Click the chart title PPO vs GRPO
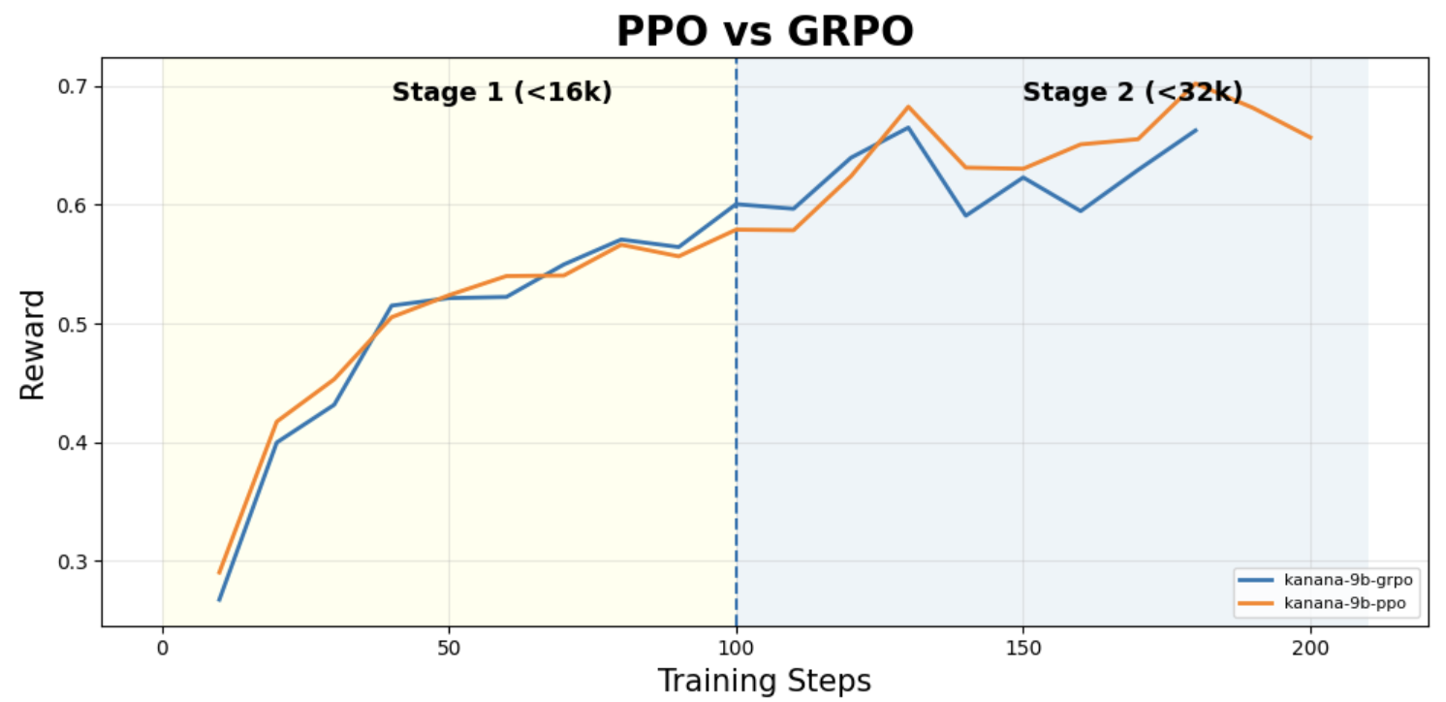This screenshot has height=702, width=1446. click(x=765, y=31)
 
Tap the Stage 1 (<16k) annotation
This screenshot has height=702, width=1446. click(x=502, y=92)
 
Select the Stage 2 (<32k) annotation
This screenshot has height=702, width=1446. click(x=1132, y=92)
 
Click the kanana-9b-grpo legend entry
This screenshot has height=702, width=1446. click(x=1327, y=580)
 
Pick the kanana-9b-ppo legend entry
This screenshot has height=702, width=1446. click(x=1323, y=603)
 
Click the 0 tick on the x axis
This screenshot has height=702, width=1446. click(x=163, y=648)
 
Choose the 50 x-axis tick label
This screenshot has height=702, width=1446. click(x=450, y=648)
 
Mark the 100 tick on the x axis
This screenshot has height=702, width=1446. click(x=736, y=648)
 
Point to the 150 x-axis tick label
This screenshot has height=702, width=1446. click(x=1023, y=648)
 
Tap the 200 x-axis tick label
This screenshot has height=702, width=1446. click(x=1310, y=648)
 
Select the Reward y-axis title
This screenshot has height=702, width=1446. click(x=32, y=345)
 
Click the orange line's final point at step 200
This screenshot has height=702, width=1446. click(x=1310, y=138)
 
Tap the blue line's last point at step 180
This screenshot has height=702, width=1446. click(x=1196, y=130)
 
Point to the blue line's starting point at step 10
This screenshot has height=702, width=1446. click(x=219, y=600)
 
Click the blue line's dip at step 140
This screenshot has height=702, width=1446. click(x=965, y=215)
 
